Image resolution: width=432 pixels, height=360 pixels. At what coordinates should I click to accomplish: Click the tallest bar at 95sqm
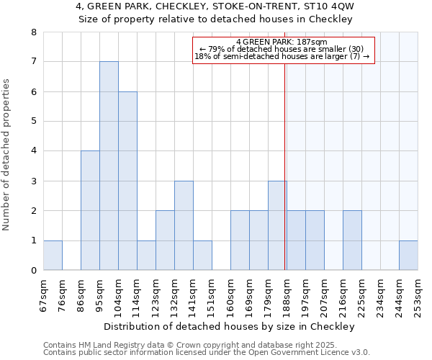click(109, 166)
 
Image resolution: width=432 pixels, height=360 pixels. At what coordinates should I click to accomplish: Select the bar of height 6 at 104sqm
click(127, 181)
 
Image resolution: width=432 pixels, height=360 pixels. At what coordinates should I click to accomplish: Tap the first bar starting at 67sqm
click(53, 256)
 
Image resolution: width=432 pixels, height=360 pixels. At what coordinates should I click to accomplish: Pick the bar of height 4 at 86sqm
click(90, 210)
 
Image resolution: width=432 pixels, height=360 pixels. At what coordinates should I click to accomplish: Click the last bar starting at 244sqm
click(408, 256)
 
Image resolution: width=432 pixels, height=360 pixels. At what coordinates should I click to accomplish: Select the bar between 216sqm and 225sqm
click(352, 240)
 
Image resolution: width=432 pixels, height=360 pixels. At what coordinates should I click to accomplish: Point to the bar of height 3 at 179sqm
click(277, 225)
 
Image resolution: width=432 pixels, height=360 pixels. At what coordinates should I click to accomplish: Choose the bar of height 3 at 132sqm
click(184, 225)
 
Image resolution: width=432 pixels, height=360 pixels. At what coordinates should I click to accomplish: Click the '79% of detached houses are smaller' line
click(282, 50)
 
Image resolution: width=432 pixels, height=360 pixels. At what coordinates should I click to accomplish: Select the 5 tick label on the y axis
click(33, 122)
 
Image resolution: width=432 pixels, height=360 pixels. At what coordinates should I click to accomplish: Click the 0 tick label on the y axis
click(33, 271)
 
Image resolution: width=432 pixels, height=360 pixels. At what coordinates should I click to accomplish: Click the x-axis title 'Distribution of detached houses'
click(230, 326)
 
